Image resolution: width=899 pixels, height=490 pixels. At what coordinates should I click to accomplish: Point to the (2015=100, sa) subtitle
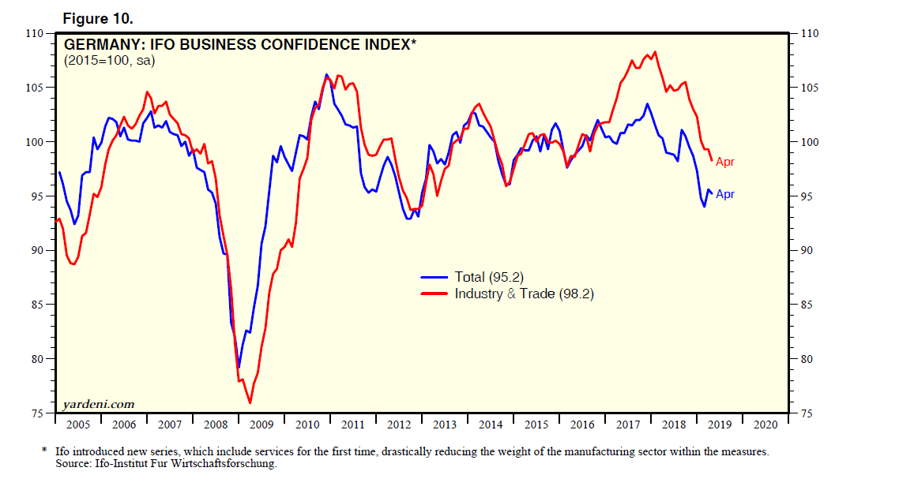pos(109,61)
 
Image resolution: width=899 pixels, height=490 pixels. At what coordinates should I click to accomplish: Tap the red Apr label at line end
pos(725,162)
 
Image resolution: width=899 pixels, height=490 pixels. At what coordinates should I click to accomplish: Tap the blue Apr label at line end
pos(725,194)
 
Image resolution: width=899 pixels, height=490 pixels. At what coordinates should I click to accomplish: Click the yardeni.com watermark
pos(99,404)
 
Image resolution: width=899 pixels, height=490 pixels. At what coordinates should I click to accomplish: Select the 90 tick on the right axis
pos(807,251)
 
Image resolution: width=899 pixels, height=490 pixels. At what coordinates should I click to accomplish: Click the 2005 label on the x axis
pos(77,425)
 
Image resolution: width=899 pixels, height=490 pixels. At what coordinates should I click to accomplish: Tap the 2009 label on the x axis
pos(261,425)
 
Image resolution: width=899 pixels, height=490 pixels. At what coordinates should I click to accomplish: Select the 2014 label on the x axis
pos(491,425)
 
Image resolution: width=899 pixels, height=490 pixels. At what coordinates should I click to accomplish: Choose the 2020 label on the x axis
pos(765,425)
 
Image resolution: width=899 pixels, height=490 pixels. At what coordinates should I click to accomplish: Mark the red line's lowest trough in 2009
pos(250,403)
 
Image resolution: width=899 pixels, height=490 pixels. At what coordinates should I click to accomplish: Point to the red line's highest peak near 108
pos(656,52)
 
